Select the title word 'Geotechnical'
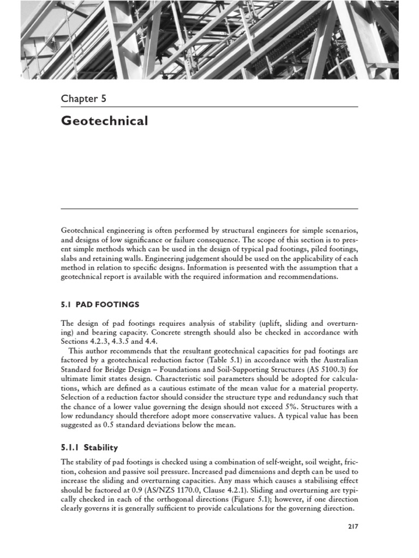(x=104, y=121)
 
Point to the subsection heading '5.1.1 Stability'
(x=89, y=447)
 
